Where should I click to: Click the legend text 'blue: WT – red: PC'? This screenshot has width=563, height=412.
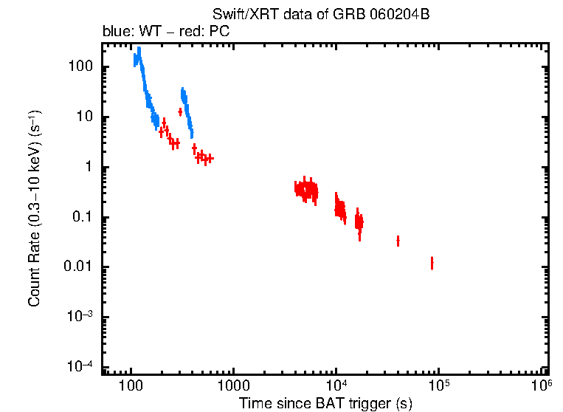pyautogui.click(x=166, y=32)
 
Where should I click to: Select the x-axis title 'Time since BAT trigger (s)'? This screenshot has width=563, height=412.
pyautogui.click(x=325, y=403)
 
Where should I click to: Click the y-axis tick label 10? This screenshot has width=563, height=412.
pyautogui.click(x=85, y=117)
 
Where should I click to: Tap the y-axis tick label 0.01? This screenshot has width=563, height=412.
pyautogui.click(x=79, y=267)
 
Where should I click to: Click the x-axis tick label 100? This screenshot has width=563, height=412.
pyautogui.click(x=131, y=386)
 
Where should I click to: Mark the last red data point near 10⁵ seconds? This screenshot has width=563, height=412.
pyautogui.click(x=432, y=263)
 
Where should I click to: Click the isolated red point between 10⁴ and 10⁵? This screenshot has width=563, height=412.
pyautogui.click(x=398, y=241)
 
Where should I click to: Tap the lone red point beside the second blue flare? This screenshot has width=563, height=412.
pyautogui.click(x=180, y=111)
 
